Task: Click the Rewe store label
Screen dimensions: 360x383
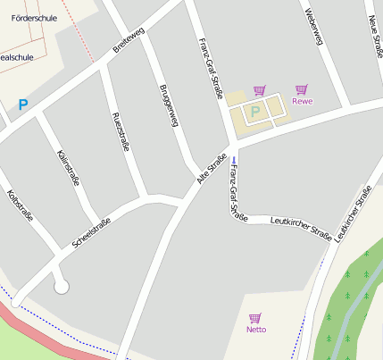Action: (x=302, y=101)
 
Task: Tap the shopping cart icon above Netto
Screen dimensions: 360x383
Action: (x=255, y=317)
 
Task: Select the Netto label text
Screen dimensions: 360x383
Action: (x=255, y=330)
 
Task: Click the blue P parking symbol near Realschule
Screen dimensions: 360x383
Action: (x=23, y=105)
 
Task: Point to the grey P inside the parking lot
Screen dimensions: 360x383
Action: (x=254, y=112)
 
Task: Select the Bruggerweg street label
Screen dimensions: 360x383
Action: (x=169, y=105)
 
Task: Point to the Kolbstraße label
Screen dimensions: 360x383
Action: (x=20, y=205)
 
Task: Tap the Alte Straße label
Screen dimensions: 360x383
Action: (x=211, y=170)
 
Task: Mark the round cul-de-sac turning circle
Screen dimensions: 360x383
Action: (x=61, y=286)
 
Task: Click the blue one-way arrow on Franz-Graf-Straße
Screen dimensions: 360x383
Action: (x=233, y=162)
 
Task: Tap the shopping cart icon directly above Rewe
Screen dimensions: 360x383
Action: (x=302, y=88)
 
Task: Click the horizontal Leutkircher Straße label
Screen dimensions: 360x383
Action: (x=301, y=228)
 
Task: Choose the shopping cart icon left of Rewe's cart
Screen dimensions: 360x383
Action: (x=260, y=89)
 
